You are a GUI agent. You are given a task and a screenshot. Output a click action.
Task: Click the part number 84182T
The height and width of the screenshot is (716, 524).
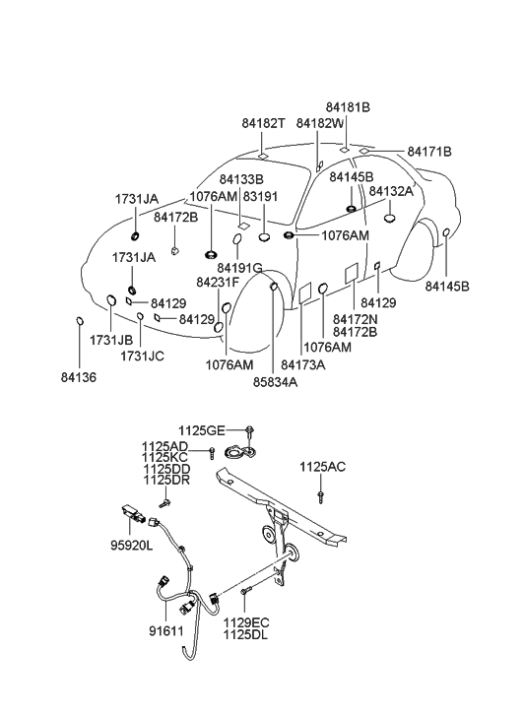click(x=263, y=123)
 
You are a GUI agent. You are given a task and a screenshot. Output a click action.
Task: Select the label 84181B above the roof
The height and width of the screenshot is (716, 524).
click(x=348, y=106)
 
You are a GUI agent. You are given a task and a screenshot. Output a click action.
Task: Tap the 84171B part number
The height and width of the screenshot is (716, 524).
click(x=429, y=151)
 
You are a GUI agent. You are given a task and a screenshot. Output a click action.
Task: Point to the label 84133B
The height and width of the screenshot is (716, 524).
click(x=241, y=179)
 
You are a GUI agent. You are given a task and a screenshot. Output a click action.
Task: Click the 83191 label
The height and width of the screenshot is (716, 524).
click(x=260, y=196)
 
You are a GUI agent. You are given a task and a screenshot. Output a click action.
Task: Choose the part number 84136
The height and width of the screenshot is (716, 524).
click(x=79, y=377)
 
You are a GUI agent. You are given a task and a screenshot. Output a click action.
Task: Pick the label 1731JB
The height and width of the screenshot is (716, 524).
click(x=111, y=340)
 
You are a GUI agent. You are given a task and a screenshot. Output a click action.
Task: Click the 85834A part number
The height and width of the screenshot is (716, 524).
click(x=276, y=382)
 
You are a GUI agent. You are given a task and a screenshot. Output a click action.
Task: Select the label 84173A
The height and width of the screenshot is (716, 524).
click(x=303, y=364)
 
